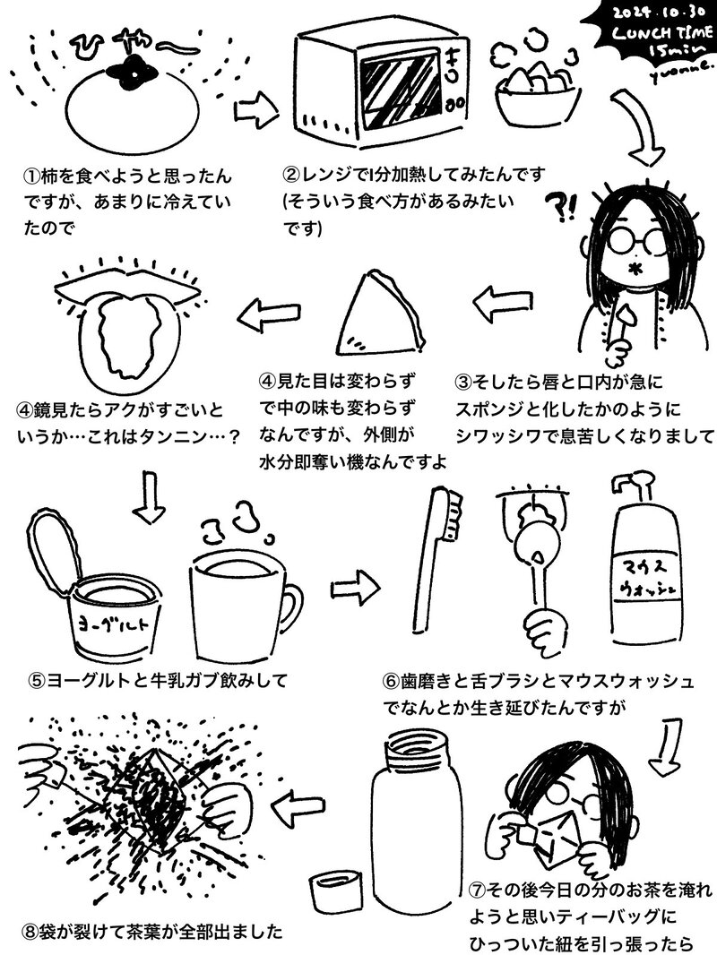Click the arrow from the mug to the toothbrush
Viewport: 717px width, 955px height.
(355, 588)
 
